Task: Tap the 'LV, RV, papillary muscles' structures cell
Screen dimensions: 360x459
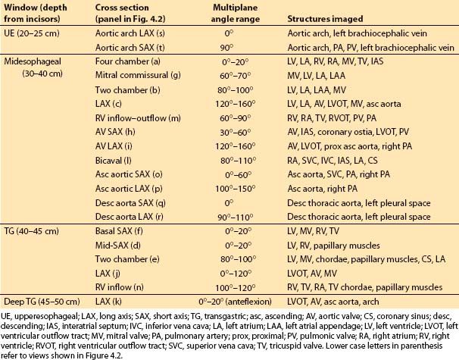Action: pyautogui.click(x=334, y=246)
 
